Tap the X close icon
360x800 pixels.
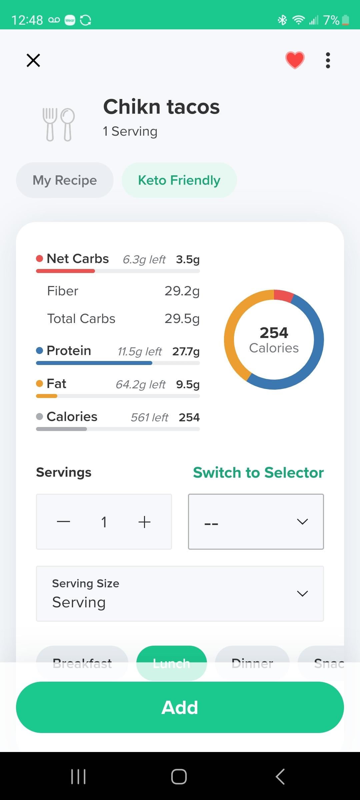click(33, 60)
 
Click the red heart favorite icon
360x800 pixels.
click(295, 60)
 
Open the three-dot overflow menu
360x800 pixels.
click(328, 60)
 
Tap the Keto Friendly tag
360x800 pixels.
click(179, 180)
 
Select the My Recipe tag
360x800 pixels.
click(65, 180)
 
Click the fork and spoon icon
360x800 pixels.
click(59, 124)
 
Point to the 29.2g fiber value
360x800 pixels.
click(182, 291)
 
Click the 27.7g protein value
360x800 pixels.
click(186, 351)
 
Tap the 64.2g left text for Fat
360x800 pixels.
click(140, 385)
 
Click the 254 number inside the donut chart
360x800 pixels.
click(274, 333)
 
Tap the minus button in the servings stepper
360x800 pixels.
click(63, 522)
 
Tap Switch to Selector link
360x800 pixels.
click(258, 473)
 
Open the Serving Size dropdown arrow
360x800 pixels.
click(302, 593)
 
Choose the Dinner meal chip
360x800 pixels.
click(252, 663)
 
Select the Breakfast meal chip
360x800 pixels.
click(82, 663)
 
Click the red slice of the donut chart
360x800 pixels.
click(283, 295)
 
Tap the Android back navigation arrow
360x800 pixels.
click(280, 776)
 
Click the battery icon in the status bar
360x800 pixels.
click(346, 20)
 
